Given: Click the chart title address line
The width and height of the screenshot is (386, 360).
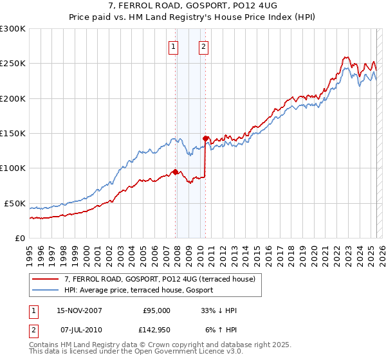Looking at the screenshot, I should pyautogui.click(x=193, y=5).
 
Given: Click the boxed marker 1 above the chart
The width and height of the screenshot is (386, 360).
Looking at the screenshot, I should pyautogui.click(x=174, y=46).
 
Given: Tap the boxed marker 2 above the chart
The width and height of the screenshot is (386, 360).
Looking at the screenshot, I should pyautogui.click(x=203, y=46).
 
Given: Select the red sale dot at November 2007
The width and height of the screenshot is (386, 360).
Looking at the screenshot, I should pyautogui.click(x=175, y=172).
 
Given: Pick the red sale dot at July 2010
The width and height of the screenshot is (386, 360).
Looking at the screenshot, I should pyautogui.click(x=205, y=138).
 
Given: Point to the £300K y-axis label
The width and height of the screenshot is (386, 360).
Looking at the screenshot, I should pyautogui.click(x=13, y=29).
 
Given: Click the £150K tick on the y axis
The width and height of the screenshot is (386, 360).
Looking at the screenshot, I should pyautogui.click(x=13, y=134).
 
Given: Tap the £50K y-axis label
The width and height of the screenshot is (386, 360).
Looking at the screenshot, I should pyautogui.click(x=15, y=203).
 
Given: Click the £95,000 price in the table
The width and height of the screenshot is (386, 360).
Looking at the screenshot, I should pyautogui.click(x=156, y=310).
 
